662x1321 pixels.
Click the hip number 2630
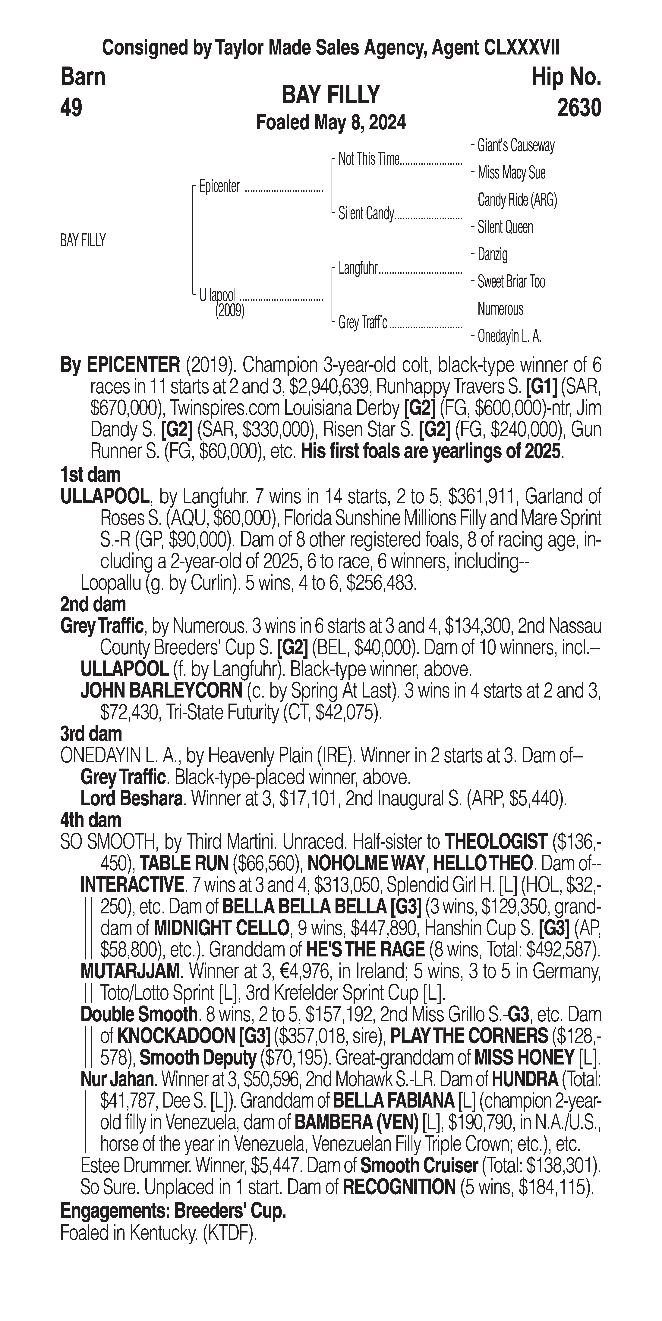point(579,108)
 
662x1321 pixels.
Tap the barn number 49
point(71,108)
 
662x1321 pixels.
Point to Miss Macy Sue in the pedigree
point(511,173)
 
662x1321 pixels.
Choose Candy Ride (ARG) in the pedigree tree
point(517,200)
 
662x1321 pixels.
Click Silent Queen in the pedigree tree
point(505,227)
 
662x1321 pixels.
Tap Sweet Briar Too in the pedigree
point(511,281)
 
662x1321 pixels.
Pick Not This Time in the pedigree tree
point(368,160)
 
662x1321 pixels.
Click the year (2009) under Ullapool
point(229,311)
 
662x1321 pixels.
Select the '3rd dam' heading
point(91,734)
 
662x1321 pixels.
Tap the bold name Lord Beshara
point(132,799)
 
